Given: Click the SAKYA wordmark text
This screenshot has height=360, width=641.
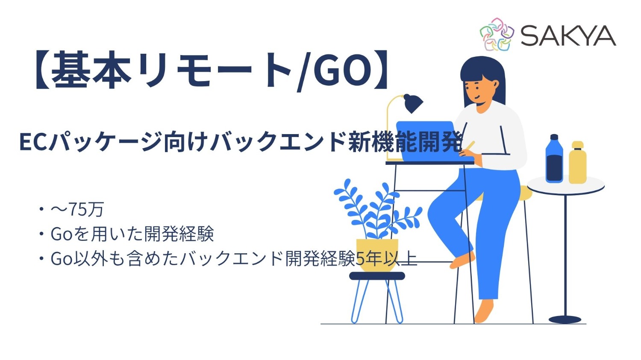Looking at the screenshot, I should pos(568,35).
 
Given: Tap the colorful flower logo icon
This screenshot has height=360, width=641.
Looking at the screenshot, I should pos(496,35).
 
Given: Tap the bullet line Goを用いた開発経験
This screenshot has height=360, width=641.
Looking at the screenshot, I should pos(132,234).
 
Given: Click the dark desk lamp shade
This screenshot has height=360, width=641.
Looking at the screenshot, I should pos(412,103).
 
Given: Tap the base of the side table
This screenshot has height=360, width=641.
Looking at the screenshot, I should pos(565,319).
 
